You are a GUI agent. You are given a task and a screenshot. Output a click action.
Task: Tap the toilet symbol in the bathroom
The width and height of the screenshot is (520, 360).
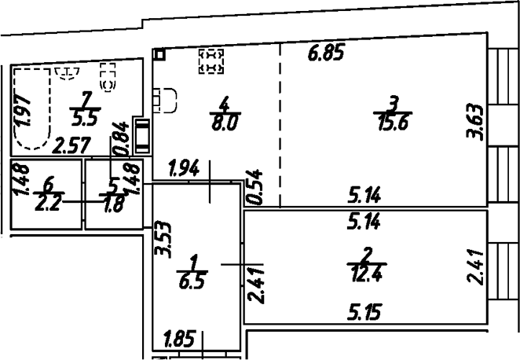click(x=108, y=77)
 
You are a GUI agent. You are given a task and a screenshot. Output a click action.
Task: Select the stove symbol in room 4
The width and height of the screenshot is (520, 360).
click(x=211, y=61)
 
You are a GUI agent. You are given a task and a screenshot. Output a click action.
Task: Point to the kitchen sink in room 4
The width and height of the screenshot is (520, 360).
click(x=165, y=101)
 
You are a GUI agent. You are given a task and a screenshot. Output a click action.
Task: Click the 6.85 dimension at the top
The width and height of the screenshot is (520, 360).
click(x=325, y=53)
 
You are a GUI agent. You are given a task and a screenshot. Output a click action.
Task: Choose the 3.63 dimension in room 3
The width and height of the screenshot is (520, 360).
click(x=474, y=122)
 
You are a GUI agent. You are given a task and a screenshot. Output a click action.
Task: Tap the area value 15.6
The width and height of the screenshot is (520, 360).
click(x=393, y=123)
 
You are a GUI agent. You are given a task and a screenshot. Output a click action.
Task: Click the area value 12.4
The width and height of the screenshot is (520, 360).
click(x=367, y=274)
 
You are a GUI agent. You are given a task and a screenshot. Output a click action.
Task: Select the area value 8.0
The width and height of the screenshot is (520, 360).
click(x=225, y=123)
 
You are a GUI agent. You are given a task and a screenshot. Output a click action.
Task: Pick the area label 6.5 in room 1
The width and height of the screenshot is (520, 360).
click(x=193, y=281)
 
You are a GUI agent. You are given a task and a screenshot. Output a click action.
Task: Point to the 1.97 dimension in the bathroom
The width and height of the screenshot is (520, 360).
click(x=23, y=110)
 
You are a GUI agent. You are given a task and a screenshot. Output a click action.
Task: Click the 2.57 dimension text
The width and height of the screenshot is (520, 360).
click(x=72, y=146)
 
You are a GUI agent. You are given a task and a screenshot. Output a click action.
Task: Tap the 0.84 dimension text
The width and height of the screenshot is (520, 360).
click(x=120, y=139)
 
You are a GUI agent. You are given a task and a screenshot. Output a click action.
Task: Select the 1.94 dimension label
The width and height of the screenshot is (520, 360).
click(x=184, y=168)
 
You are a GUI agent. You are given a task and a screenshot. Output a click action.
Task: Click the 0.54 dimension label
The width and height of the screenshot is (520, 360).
click(x=254, y=187)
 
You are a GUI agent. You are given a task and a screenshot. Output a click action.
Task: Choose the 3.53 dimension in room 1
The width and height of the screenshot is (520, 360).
click(x=164, y=240)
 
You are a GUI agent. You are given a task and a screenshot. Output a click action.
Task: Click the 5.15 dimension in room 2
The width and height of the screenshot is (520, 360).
click(x=364, y=311)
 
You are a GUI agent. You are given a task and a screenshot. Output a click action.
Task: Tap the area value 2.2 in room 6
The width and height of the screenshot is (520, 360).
click(x=48, y=204)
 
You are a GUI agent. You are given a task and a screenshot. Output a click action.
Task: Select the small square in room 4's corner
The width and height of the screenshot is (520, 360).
click(x=159, y=53)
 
